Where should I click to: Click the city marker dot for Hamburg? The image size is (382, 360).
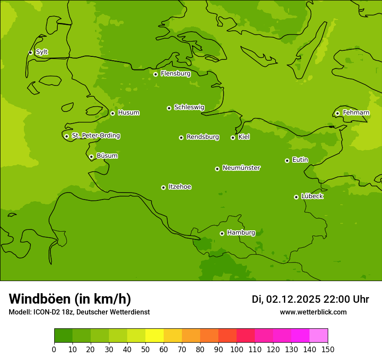(222, 233)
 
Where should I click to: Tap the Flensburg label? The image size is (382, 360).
(175, 74)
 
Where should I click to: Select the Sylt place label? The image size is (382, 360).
(42, 52)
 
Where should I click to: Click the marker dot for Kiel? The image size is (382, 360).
(233, 137)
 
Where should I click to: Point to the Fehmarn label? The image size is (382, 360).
(356, 113)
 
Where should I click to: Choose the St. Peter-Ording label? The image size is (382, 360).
(95, 136)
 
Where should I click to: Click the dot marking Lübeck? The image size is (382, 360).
(296, 197)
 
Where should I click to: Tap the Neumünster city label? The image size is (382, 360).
(241, 168)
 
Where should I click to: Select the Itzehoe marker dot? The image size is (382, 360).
(163, 187)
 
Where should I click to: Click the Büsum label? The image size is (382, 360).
(107, 156)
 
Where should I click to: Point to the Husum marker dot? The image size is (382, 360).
(112, 113)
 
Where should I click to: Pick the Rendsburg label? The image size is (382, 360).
(202, 137)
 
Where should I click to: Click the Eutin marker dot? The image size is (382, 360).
(287, 160)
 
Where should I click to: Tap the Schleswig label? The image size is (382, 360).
(189, 107)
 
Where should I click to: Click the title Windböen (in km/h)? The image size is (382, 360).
(70, 299)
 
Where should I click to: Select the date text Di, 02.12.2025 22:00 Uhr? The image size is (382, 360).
(310, 299)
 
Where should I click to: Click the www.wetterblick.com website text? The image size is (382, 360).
(313, 312)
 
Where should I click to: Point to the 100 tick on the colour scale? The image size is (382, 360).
(237, 349)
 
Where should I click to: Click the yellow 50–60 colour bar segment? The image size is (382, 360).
(155, 336)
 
